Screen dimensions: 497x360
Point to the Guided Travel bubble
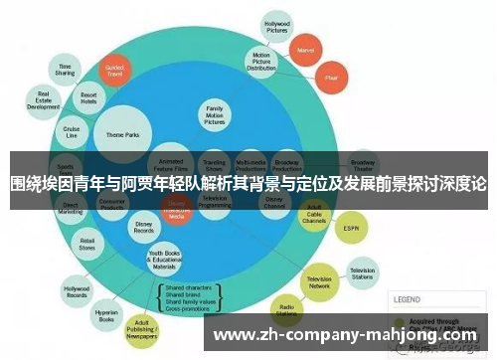tap(114, 73)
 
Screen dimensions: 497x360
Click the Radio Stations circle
tap(288, 310)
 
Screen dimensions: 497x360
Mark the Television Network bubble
tap(319, 280)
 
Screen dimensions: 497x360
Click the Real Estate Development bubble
tap(45, 102)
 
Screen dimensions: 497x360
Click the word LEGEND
tap(407, 298)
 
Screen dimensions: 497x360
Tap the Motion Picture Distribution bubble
tap(261, 62)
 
